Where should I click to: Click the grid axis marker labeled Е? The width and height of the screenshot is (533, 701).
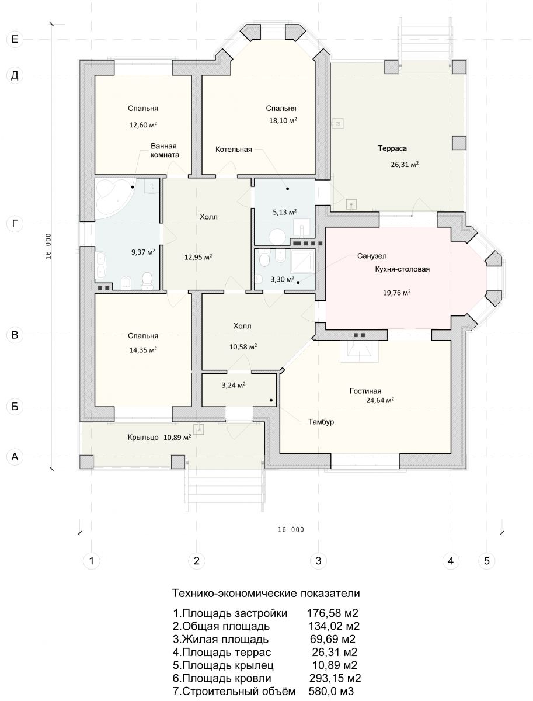(x=15, y=39)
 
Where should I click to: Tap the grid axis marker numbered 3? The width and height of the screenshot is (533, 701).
(x=318, y=560)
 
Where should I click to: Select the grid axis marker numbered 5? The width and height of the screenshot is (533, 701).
(x=487, y=560)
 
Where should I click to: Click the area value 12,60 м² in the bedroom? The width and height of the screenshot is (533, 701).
(x=143, y=125)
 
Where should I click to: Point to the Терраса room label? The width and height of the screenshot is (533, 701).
(x=392, y=148)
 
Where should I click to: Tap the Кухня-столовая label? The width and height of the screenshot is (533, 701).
(x=402, y=269)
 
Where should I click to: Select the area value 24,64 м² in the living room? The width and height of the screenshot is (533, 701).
(x=380, y=401)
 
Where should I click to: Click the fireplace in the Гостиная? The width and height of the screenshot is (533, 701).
(x=360, y=350)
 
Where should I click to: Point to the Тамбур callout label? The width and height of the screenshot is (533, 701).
(x=321, y=422)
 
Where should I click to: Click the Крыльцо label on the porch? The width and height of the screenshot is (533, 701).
(x=143, y=437)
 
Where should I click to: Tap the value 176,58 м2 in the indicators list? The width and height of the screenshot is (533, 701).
(x=333, y=613)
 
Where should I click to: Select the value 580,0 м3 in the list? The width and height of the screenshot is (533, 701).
(x=331, y=692)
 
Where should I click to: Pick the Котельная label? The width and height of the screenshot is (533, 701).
(x=234, y=150)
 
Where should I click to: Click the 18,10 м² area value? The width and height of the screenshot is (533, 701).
(x=283, y=120)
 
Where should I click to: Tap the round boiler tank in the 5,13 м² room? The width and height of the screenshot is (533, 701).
(x=277, y=237)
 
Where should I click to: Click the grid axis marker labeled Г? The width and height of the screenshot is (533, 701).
(x=15, y=224)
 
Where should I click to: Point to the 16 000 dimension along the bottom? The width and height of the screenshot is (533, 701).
(x=291, y=530)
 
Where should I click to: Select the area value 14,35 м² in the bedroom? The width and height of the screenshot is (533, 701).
(x=143, y=350)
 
